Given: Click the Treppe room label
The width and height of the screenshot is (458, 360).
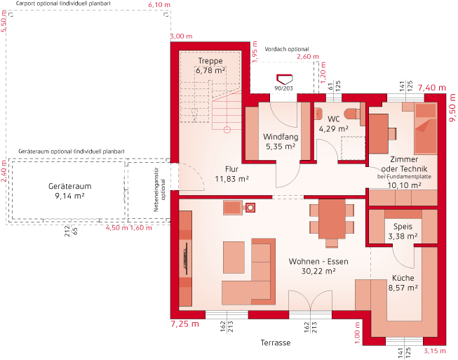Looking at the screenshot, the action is click(x=210, y=61).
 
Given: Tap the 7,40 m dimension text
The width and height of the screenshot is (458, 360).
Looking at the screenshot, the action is click(x=432, y=88).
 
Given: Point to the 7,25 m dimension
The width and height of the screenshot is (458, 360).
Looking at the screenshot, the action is click(x=184, y=324).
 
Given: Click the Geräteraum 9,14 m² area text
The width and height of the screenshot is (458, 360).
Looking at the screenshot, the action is click(x=70, y=196).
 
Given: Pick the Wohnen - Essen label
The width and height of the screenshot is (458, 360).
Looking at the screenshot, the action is click(x=318, y=261).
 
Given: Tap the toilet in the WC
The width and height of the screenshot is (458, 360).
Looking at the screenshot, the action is click(x=354, y=114).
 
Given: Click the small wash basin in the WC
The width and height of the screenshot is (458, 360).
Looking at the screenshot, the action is click(x=318, y=114).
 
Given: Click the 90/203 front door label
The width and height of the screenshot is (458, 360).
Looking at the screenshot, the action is click(x=283, y=88).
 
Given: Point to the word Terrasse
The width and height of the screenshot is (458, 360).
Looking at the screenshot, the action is click(x=276, y=342).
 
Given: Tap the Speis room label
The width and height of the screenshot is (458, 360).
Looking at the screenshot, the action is click(x=403, y=227).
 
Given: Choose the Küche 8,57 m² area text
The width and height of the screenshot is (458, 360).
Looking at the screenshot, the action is click(x=403, y=288).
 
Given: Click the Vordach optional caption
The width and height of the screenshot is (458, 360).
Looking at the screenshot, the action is click(x=287, y=49).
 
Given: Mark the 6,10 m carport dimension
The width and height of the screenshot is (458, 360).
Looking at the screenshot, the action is click(x=159, y=5).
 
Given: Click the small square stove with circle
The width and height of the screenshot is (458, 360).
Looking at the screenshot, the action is click(x=250, y=208).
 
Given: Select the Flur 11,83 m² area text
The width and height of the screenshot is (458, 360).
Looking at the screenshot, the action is click(x=232, y=178).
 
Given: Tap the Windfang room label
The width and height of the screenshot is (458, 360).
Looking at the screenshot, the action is click(x=281, y=137).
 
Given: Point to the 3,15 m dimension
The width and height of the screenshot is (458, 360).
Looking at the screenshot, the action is click(x=435, y=351).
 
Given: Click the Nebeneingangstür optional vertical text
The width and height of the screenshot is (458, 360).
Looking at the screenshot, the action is click(x=159, y=190).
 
